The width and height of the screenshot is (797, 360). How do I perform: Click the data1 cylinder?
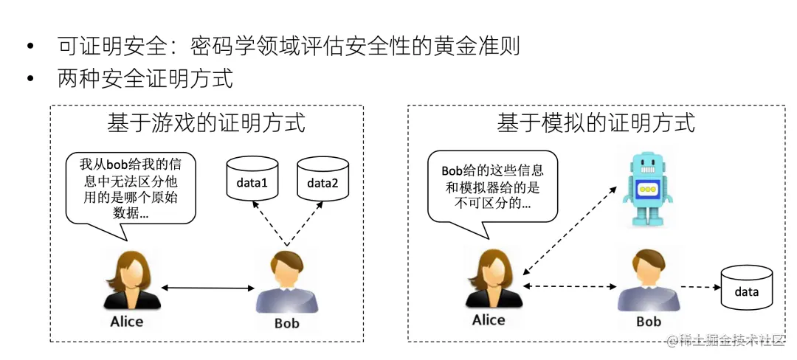(x=252, y=181)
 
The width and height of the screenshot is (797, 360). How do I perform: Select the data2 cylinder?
(x=322, y=181)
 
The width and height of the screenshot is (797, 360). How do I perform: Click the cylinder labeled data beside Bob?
(x=746, y=288)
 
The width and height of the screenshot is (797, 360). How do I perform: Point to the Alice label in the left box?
(x=126, y=321)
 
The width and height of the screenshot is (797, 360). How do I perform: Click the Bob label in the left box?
(x=286, y=323)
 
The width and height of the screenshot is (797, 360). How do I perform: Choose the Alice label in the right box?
(x=489, y=319)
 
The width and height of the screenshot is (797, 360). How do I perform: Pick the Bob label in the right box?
(x=648, y=322)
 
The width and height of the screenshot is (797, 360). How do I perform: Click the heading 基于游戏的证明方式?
(x=206, y=122)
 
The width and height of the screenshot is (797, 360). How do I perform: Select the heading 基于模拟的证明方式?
(x=596, y=122)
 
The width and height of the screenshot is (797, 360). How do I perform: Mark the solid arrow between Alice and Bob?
(x=204, y=287)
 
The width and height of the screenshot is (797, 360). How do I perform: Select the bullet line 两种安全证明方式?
(x=145, y=78)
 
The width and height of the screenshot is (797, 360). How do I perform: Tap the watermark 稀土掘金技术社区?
(x=734, y=340)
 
